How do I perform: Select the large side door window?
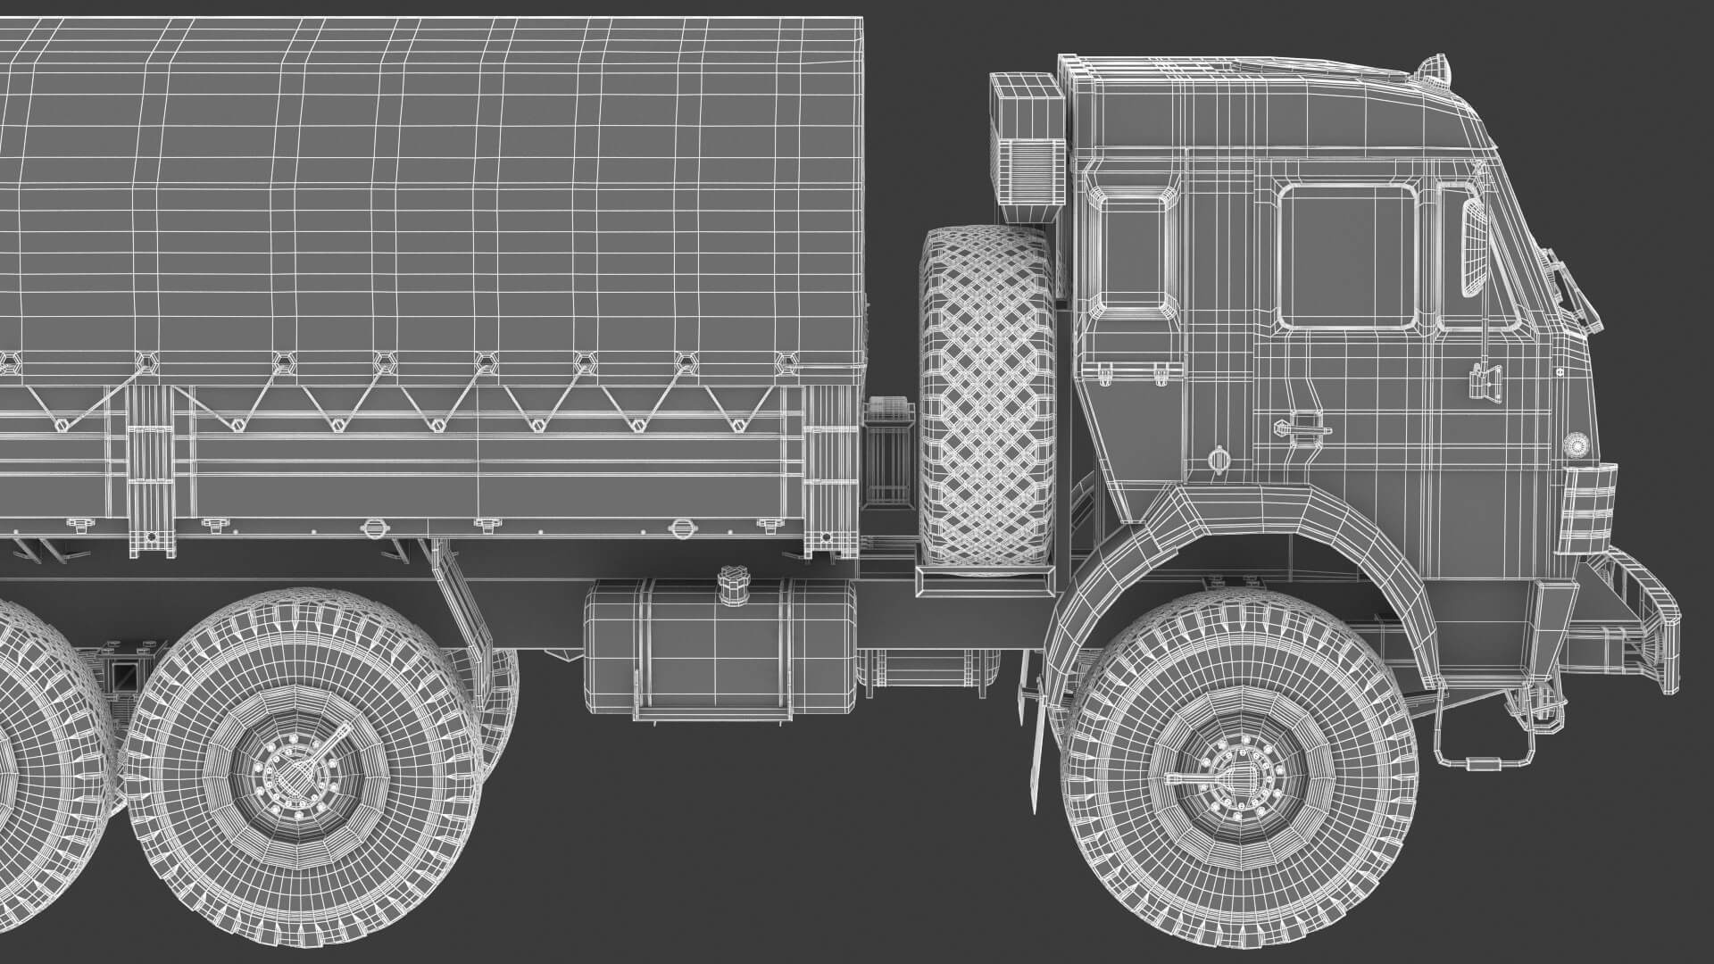(1347, 256)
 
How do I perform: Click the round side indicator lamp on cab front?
(1576, 445)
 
